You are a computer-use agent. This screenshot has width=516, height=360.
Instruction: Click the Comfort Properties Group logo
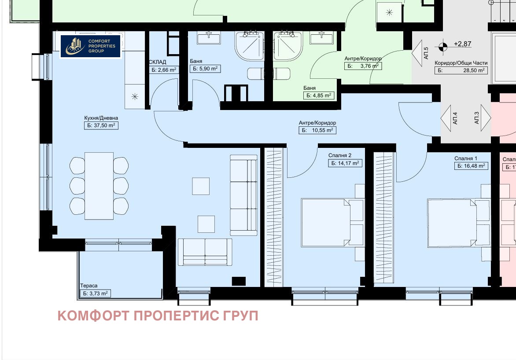[x=90, y=46]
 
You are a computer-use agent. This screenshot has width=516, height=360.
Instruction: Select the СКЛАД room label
[x=158, y=62]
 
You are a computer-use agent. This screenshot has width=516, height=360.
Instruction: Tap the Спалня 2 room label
[x=340, y=155]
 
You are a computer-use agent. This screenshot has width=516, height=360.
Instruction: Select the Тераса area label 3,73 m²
[x=95, y=294]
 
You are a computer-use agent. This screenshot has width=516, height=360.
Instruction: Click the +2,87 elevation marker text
[x=462, y=44]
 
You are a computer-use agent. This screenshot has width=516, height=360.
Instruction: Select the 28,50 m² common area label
[x=461, y=70]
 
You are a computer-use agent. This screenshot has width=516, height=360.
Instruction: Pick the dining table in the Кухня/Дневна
[x=99, y=185]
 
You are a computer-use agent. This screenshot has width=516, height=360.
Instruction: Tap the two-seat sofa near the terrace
[x=204, y=252]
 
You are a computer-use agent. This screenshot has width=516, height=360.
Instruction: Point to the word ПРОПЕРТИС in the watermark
[x=178, y=316]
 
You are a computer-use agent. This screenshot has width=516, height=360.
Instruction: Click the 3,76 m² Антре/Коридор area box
[x=362, y=66]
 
